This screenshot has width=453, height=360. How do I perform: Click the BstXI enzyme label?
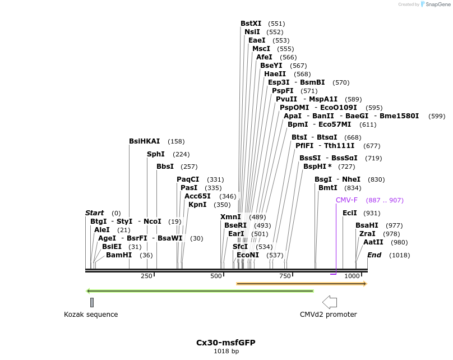tap(251, 24)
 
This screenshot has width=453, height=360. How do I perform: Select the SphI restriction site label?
tap(156, 154)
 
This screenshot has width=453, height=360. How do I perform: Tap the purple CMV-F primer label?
tap(346, 200)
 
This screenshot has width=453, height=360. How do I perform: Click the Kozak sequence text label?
tap(91, 315)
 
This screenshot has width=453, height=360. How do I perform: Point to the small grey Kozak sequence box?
tap(92, 302)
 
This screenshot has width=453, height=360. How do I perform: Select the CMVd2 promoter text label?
tap(328, 315)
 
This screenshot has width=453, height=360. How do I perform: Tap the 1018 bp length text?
tap(226, 352)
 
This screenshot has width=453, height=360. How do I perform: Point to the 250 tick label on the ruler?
tap(146, 276)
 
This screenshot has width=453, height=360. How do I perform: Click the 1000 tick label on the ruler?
tap(352, 276)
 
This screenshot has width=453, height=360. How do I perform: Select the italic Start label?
tap(94, 213)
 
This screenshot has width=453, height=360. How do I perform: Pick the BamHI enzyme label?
tap(119, 255)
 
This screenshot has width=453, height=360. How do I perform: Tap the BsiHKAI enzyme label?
tap(144, 141)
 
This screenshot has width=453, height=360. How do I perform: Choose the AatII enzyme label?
tap(373, 242)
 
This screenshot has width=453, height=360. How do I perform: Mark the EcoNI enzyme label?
tap(248, 255)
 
